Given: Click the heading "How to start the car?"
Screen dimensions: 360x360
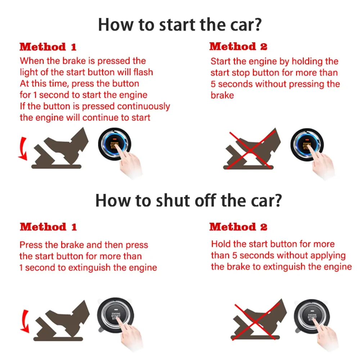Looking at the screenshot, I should [180, 25].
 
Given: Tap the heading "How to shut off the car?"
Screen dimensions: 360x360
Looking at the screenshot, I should [188, 201].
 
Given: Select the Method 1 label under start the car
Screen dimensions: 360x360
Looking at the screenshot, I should [48, 47].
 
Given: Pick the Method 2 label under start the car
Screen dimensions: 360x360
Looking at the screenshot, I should [238, 46].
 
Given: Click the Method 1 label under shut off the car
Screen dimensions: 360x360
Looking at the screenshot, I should [48, 227].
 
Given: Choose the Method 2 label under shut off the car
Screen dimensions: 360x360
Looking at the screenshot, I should [238, 227].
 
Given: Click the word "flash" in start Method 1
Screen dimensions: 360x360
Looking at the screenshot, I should [143, 72].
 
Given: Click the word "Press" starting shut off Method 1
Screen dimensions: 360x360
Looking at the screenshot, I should [31, 245].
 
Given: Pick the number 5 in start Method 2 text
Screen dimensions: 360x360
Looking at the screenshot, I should [213, 84].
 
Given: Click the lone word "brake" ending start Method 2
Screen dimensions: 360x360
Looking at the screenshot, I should [222, 95].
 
